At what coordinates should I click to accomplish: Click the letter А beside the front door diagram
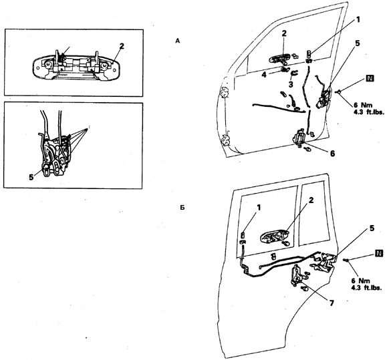pos(178,41)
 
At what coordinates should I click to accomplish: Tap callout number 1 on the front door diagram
pos(357,19)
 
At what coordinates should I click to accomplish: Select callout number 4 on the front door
pos(264,74)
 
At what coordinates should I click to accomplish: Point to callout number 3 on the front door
pos(291,84)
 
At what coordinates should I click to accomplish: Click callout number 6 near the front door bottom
pos(332,154)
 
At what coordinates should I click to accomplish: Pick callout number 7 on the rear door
pos(332,303)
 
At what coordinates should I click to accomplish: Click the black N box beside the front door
pos(370,78)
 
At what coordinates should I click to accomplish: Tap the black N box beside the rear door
pos(379,253)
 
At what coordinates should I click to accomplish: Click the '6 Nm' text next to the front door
pos(362,105)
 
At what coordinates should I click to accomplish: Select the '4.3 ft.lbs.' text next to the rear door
pos(368,287)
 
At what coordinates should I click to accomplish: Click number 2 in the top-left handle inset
pos(121,46)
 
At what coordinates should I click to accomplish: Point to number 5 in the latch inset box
pos(31,177)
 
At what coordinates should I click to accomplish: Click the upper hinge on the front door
pos(225,94)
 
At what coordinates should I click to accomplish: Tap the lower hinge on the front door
pos(226,140)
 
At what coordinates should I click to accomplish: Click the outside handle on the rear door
pos(274,237)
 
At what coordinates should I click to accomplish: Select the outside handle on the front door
pos(280,59)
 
